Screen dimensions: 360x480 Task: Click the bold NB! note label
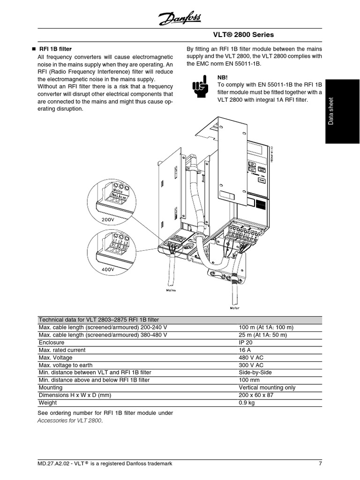tap(223, 77)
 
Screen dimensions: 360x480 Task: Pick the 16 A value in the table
tap(245, 350)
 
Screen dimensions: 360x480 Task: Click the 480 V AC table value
tap(251, 358)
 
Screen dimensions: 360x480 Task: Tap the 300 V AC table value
tap(251, 365)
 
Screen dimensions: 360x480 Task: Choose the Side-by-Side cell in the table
tap(255, 373)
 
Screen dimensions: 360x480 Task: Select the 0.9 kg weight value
tap(247, 403)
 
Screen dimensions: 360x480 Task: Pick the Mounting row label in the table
tap(50, 388)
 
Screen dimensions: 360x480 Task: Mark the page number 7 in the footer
tap(320, 464)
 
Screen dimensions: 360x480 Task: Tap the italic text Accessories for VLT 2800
tap(69, 420)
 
